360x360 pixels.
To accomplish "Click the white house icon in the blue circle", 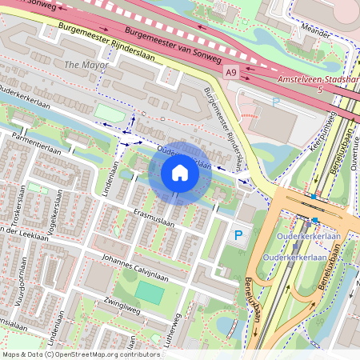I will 180,173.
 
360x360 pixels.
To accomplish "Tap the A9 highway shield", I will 231,73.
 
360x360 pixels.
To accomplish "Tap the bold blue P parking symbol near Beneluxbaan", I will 238,236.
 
